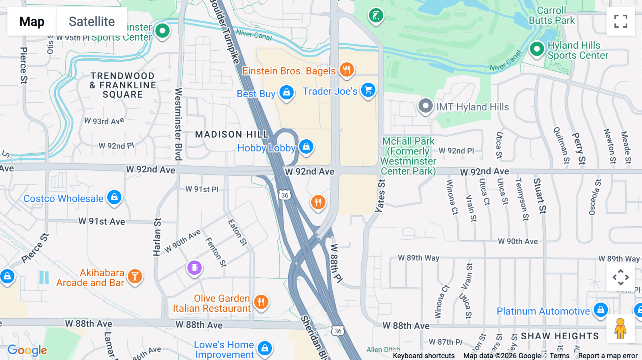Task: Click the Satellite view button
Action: coord(92,21)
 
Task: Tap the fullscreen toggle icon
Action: coord(621,21)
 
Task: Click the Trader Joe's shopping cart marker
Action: coord(368,90)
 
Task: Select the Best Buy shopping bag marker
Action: coord(286,93)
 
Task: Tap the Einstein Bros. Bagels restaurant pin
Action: coord(346,69)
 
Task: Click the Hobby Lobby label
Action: coord(266,148)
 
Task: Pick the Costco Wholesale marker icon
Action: coord(114,197)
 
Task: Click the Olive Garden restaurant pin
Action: coord(261,302)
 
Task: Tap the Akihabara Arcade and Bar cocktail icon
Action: coord(135,276)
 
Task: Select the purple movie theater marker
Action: coord(194,267)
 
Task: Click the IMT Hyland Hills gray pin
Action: coord(425,106)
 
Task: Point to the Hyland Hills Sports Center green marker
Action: coord(537,49)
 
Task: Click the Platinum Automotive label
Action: coord(543,311)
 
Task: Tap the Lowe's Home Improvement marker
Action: coord(265,348)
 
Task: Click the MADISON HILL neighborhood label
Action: coord(232,134)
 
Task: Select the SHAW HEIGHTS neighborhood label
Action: coord(560,336)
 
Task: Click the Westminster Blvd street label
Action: coord(178,124)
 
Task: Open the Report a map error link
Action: coord(607,356)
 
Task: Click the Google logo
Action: coord(27,350)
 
